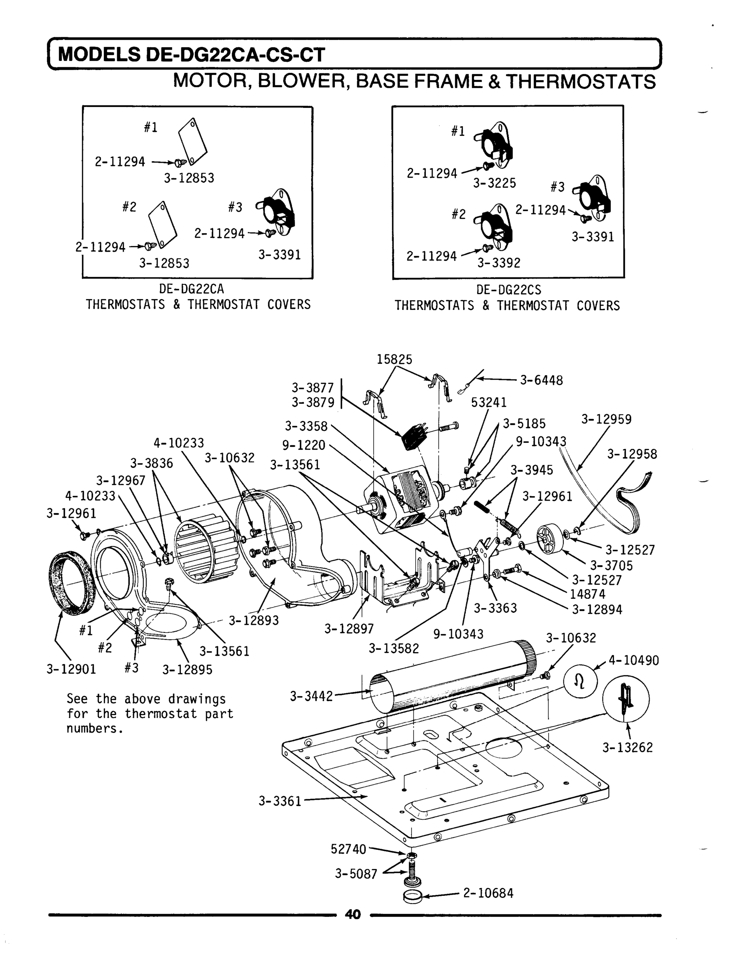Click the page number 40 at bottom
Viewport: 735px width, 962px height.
pyautogui.click(x=352, y=914)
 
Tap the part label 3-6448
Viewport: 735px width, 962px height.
pyautogui.click(x=541, y=380)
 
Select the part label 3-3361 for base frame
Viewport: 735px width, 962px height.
pyautogui.click(x=280, y=801)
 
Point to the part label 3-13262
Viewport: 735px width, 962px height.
pyautogui.click(x=628, y=747)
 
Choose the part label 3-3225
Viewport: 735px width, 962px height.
pyautogui.click(x=494, y=183)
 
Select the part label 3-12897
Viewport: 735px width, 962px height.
pyautogui.click(x=349, y=629)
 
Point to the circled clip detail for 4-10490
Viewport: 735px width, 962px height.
pyautogui.click(x=580, y=683)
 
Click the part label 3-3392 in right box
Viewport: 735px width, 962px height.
pyautogui.click(x=499, y=263)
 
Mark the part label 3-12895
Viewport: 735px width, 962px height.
pyautogui.click(x=187, y=669)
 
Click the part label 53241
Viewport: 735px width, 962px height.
pyautogui.click(x=489, y=402)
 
